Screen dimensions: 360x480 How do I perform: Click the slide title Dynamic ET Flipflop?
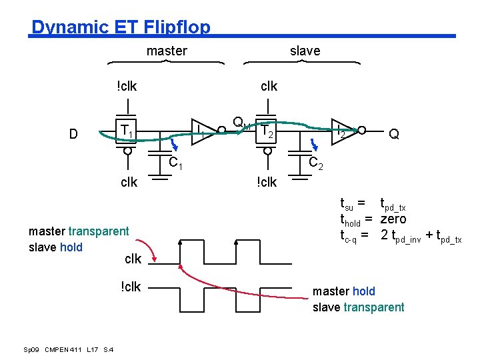(121, 27)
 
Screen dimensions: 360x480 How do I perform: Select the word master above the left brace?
(167, 51)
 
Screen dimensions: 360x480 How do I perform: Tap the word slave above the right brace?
(305, 51)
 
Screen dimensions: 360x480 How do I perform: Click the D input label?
(74, 134)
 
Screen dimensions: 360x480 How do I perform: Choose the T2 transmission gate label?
(267, 131)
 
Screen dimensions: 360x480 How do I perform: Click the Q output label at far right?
(394, 134)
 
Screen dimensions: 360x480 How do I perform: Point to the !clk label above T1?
(127, 86)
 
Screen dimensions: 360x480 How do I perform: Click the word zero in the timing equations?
(393, 219)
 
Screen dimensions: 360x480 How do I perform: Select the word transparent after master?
(99, 231)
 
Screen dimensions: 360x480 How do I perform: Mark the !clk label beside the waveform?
(131, 287)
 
